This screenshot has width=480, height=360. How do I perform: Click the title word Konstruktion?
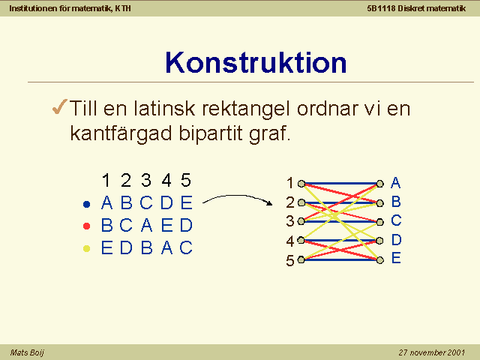tap(256, 63)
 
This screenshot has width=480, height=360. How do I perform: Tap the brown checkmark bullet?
tap(60, 106)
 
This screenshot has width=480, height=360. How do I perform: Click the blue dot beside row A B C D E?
tap(87, 204)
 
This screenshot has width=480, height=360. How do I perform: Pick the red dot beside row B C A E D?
tap(87, 226)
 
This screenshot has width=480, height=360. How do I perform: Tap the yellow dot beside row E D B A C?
tap(87, 248)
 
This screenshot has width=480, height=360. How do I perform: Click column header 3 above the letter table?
tap(146, 180)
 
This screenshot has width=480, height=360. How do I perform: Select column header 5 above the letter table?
tap(186, 180)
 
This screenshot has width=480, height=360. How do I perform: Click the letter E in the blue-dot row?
tap(187, 202)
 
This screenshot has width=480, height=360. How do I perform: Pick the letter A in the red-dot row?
tap(147, 225)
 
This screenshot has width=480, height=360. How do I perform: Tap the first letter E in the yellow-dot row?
tap(106, 247)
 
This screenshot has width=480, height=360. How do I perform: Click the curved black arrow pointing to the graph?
tap(238, 197)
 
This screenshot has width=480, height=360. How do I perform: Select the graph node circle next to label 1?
tap(301, 184)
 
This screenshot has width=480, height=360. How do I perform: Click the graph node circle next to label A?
tap(380, 184)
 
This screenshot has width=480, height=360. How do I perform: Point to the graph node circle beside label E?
tap(380, 260)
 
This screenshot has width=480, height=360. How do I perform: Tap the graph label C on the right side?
tap(396, 220)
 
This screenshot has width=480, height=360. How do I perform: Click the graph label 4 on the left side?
tap(290, 241)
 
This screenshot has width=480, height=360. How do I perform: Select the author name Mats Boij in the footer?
tap(27, 352)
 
